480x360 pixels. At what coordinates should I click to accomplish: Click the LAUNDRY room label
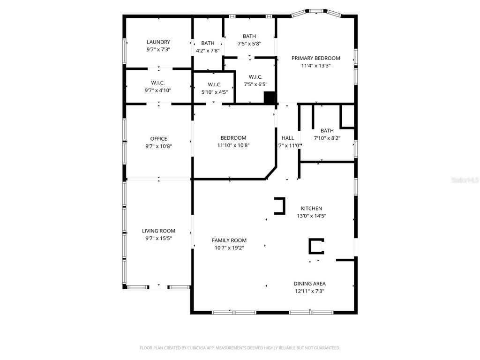[158, 42]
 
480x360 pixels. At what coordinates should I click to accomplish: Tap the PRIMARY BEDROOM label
[315, 58]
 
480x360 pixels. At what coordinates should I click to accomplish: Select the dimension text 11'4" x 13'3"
[315, 66]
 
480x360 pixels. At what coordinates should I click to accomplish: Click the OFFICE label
[158, 138]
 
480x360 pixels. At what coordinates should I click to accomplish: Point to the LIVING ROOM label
[158, 231]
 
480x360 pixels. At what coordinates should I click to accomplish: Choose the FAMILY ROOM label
[229, 240]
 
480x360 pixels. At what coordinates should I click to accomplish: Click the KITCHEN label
[311, 208]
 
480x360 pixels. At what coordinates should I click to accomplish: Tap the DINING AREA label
[309, 283]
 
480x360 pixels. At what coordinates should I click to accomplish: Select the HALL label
[288, 138]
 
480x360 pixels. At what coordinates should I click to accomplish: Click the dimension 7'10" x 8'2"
[327, 138]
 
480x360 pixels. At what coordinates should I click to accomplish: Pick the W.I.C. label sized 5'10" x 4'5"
[214, 84]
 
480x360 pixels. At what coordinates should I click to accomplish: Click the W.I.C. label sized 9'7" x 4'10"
[158, 82]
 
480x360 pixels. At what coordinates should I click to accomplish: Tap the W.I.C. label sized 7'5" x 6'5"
[255, 77]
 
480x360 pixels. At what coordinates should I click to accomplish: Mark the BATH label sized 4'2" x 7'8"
[208, 43]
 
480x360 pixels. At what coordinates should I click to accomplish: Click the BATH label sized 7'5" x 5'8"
[249, 36]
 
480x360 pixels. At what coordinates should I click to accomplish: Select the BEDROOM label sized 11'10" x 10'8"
[233, 138]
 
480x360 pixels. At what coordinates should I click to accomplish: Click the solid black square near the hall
[270, 97]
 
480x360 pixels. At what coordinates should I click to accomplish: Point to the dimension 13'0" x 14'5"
[311, 216]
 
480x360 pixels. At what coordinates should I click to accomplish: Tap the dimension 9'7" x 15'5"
[158, 239]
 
